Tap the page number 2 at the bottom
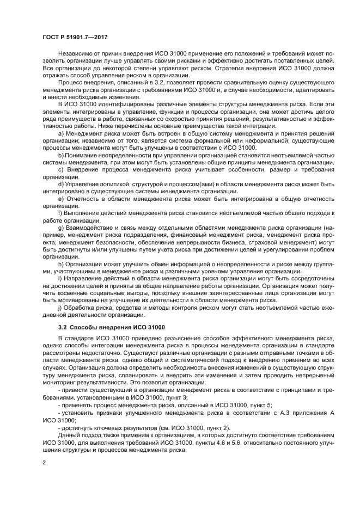[44, 462]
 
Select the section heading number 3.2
[63, 327]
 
